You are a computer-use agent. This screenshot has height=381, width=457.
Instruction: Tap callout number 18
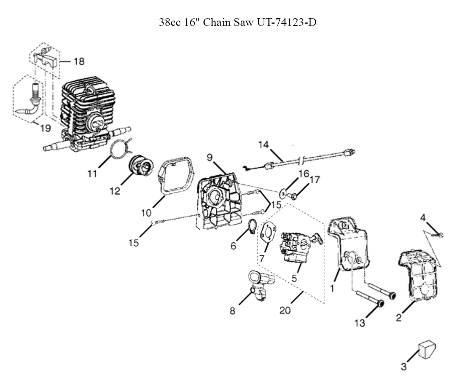click(79, 61)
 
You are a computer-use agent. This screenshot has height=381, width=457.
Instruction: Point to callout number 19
click(45, 128)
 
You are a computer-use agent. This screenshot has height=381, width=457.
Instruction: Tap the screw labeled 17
click(294, 196)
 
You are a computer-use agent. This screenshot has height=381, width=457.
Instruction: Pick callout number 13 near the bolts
click(360, 323)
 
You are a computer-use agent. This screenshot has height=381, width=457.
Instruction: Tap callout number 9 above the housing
click(210, 157)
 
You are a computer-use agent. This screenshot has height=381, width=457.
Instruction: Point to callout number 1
click(332, 288)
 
